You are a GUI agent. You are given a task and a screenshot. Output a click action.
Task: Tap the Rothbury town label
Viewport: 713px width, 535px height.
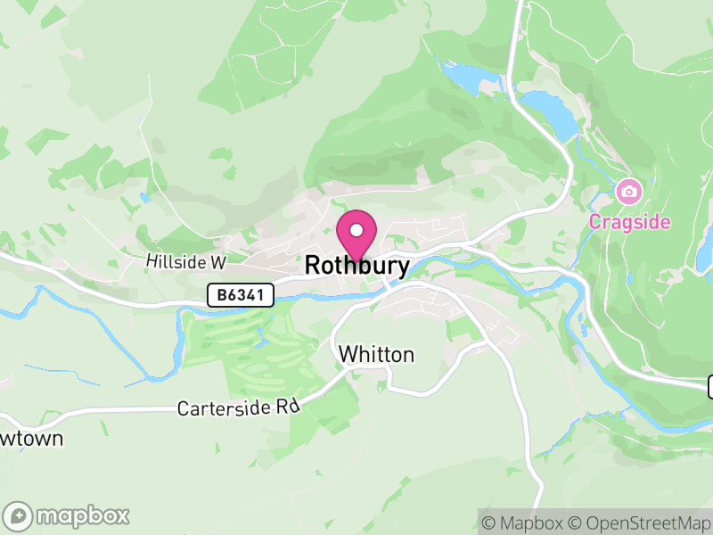[356, 266]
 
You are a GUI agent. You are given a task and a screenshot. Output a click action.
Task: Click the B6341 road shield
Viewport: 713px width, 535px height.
[241, 296]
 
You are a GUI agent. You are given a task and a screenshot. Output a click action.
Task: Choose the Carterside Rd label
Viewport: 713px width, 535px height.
[237, 408]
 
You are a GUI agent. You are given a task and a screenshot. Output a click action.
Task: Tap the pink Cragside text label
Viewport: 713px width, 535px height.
[628, 222]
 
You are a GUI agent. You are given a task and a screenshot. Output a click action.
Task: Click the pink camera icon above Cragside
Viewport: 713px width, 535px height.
[628, 191]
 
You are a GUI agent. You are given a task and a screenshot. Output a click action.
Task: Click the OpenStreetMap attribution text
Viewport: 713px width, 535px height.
[648, 523]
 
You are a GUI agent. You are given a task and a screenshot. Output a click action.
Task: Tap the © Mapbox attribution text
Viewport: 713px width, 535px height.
[525, 523]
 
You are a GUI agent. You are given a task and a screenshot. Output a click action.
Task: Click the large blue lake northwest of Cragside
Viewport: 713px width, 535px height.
[548, 111]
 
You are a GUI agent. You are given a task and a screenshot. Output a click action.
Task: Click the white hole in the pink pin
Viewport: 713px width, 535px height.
[356, 230]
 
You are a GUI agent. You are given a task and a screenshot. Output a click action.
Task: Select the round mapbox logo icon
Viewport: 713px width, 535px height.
[19, 515]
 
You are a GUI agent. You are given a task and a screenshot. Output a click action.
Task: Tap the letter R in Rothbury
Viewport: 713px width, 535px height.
[312, 266]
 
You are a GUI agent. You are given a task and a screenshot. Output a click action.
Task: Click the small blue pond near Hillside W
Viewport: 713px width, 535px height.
[143, 197]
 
